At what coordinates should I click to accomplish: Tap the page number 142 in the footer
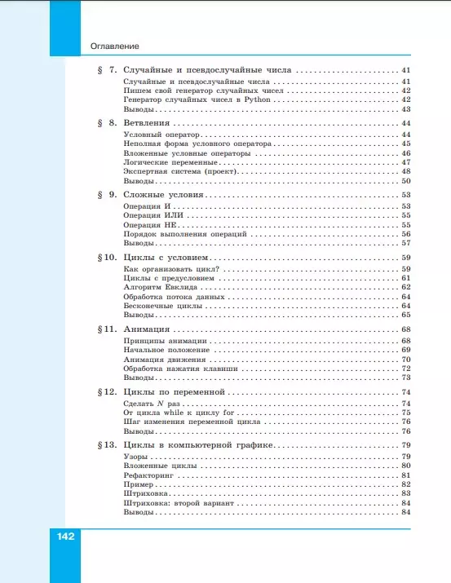66,537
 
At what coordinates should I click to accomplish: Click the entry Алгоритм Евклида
159,287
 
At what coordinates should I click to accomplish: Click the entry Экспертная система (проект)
176,171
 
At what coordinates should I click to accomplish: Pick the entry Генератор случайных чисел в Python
197,99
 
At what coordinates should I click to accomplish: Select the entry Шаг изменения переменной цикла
192,422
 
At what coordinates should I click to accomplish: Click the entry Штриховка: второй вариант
179,502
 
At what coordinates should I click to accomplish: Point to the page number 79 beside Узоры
405,457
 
